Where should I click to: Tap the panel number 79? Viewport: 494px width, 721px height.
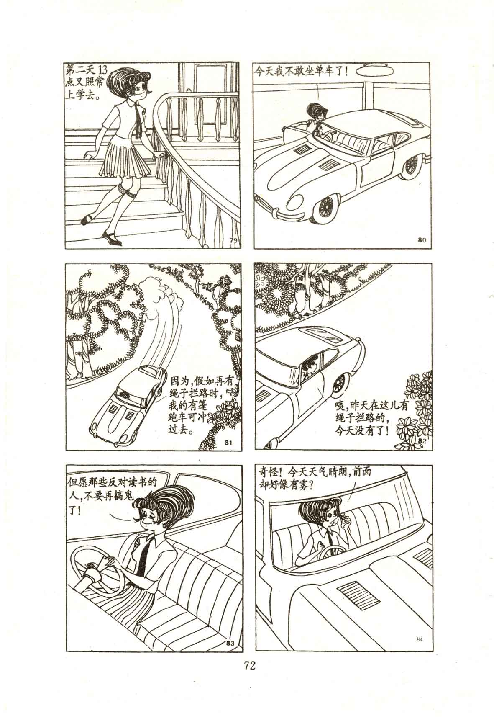coord(233,240)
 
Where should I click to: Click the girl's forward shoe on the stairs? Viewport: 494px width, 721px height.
coord(113,239)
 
